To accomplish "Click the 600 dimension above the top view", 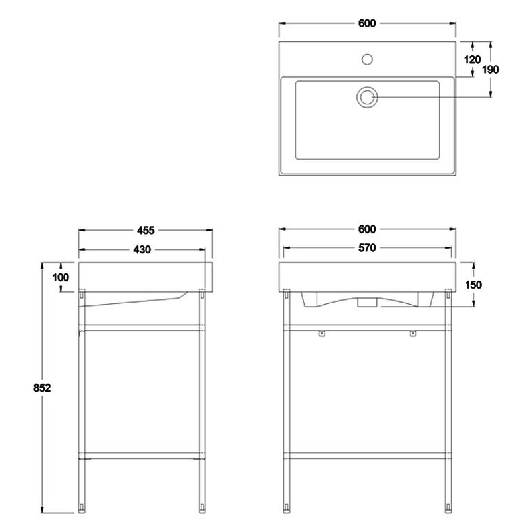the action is [x=367, y=23].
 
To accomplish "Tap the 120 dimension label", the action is [x=472, y=59].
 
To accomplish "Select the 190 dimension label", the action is [x=491, y=70].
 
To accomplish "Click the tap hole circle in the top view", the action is [x=367, y=59].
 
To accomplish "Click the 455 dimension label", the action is [x=146, y=230].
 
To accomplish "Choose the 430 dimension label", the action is [x=142, y=250].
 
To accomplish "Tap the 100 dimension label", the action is [x=61, y=277].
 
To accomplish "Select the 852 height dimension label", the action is [x=42, y=388].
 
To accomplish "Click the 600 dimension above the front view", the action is [x=367, y=229].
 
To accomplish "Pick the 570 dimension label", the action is [x=367, y=248].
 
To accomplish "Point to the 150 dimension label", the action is [x=473, y=285].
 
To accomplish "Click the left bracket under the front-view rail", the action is [x=322, y=334].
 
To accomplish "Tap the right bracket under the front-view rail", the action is [x=412, y=334].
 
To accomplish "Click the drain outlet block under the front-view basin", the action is [x=367, y=303].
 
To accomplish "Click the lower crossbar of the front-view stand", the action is [x=367, y=456].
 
